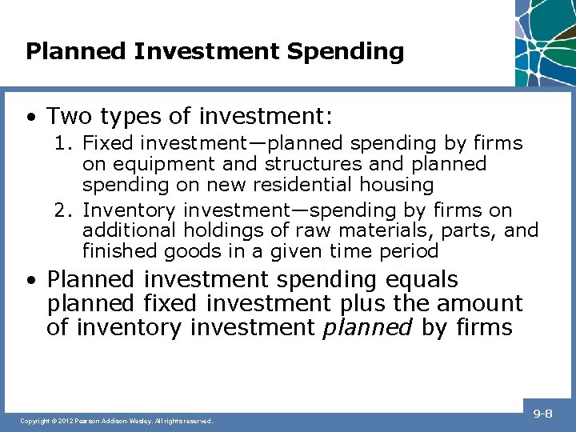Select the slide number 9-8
tap(543, 414)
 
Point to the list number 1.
tap(62, 144)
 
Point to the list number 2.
tap(62, 211)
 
